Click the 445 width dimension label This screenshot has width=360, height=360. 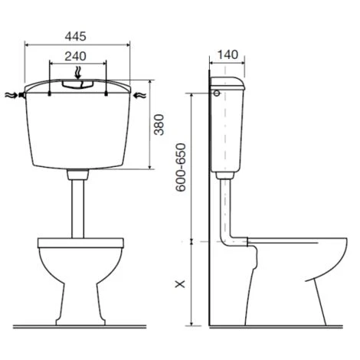[76, 37]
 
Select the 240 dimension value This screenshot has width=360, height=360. [76, 57]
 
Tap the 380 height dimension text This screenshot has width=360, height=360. [159, 125]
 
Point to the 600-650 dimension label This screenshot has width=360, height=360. [181, 167]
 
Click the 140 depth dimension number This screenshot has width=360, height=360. [228, 54]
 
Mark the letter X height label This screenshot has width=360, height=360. [180, 283]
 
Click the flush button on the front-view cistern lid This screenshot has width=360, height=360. [78, 84]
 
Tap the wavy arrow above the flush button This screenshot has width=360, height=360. [78, 73]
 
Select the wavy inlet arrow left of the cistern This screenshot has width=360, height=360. [11, 95]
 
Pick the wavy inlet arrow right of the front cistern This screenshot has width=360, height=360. [140, 96]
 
